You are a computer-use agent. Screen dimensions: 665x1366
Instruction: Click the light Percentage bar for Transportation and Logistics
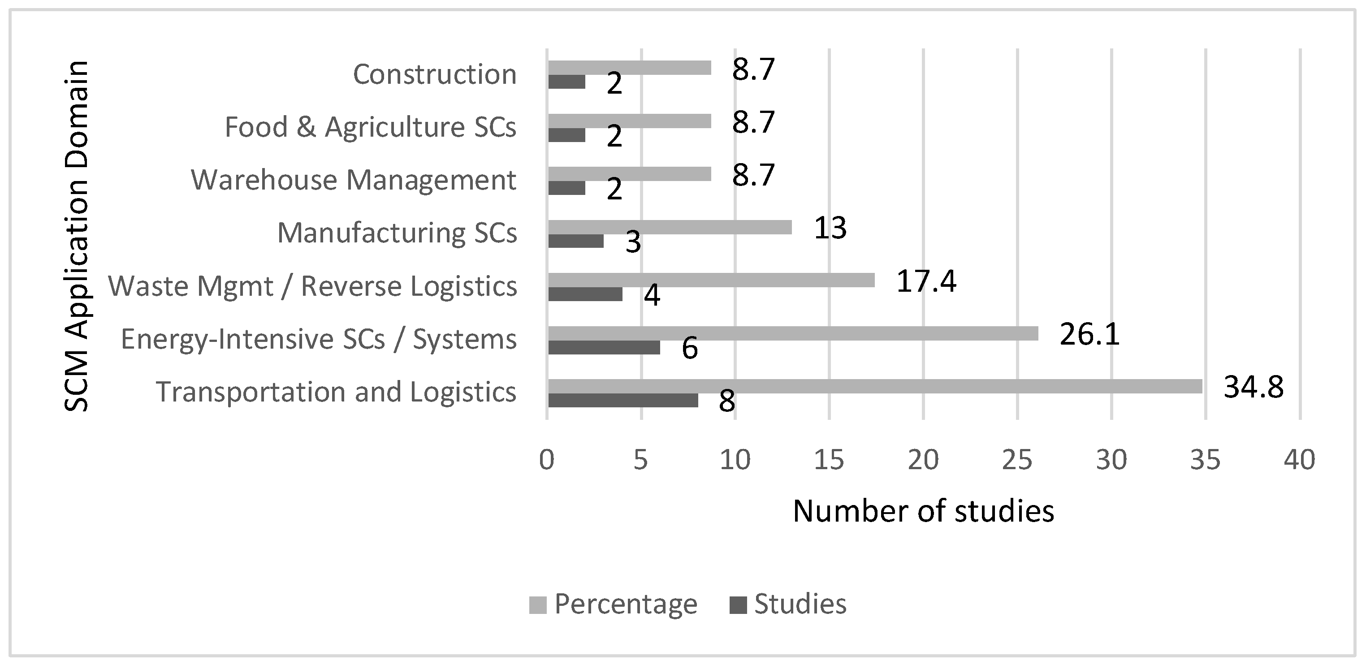tap(875, 386)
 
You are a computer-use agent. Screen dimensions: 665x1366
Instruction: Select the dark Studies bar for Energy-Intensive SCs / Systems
tap(604, 347)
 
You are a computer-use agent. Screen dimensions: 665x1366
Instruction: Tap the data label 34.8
tap(1254, 387)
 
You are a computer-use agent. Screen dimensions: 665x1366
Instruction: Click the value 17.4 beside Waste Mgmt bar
tap(926, 281)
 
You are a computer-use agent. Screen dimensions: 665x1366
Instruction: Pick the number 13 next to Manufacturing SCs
tap(830, 228)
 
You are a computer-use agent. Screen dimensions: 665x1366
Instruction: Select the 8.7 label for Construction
tap(753, 69)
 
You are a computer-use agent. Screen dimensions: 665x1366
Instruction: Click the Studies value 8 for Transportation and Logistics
tap(726, 402)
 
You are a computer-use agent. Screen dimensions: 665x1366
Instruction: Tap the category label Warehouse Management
tap(353, 180)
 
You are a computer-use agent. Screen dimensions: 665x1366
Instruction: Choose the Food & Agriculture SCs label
tap(370, 127)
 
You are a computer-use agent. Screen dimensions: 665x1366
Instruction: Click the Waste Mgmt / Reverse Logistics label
tap(312, 286)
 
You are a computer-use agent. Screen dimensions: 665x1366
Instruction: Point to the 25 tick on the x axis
tap(1017, 460)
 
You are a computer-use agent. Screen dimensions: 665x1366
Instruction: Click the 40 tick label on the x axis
tap(1299, 460)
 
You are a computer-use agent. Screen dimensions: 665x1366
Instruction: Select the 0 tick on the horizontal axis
tap(547, 460)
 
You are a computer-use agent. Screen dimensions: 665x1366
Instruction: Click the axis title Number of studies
tap(923, 512)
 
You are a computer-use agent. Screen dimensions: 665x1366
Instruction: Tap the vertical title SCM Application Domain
tap(76, 236)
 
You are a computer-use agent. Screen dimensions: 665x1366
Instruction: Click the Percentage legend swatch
tap(537, 605)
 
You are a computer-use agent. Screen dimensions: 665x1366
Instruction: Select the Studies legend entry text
tap(800, 604)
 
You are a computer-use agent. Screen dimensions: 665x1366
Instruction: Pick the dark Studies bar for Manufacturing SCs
tap(576, 241)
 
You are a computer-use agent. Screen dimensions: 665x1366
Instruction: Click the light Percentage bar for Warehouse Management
tap(629, 174)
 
